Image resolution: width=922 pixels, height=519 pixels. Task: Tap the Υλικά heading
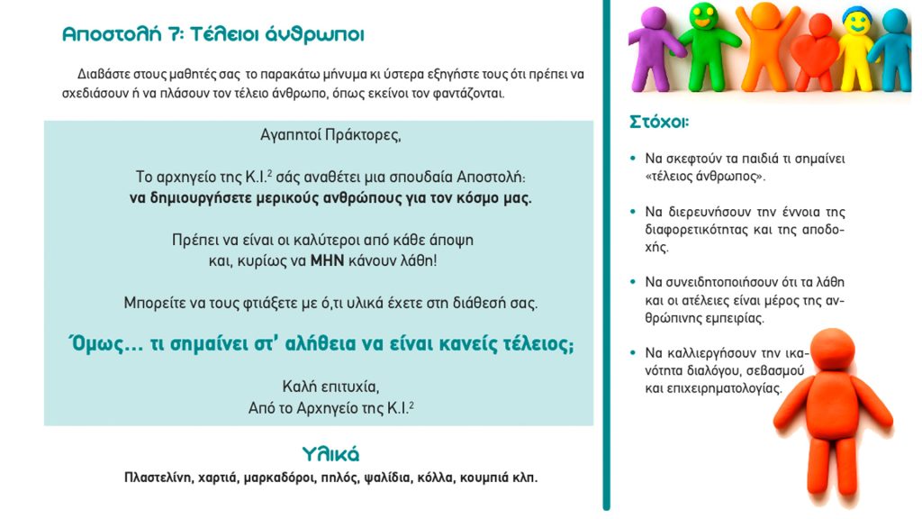330,452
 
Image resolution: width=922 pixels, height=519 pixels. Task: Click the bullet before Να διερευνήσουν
634,213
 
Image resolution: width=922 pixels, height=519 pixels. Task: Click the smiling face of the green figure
701,15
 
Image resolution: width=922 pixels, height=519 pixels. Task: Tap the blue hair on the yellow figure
854,13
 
